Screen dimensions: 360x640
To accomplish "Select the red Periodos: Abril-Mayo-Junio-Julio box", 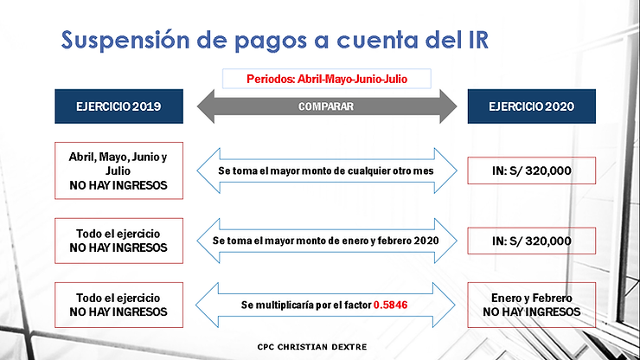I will coord(327,79).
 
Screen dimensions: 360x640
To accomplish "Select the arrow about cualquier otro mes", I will coord(327,171).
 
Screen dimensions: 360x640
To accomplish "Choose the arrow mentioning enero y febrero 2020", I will coord(327,239).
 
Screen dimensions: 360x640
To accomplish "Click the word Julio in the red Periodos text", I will coord(394,79).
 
